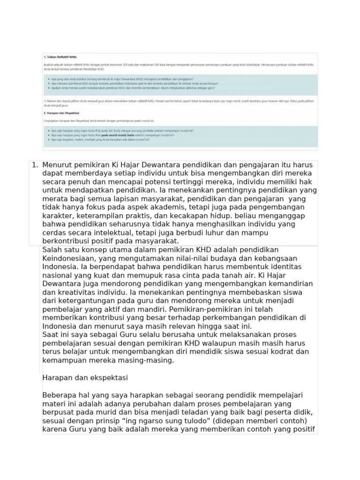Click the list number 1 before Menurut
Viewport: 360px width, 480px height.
point(34,165)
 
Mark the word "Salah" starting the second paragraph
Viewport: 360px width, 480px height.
point(52,250)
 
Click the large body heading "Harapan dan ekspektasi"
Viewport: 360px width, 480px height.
point(85,377)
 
